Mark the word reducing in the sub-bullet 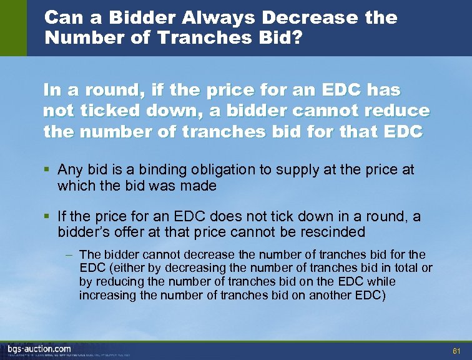117,281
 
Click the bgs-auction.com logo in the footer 39,348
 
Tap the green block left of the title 13,28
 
